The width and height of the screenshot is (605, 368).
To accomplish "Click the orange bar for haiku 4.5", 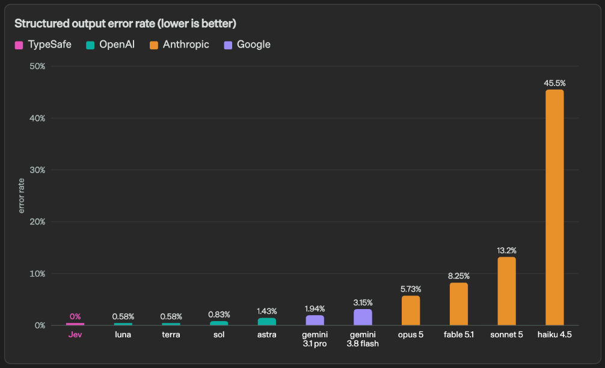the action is point(554,207).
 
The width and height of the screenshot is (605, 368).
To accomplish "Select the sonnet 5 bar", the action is point(506,291).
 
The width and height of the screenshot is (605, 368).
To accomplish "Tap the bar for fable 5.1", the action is point(459,304).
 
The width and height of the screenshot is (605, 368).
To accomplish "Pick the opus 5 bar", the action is point(411,310).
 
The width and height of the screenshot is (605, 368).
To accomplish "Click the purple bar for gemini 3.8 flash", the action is point(363,317).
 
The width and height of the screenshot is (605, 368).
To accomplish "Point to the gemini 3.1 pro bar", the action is point(315,320).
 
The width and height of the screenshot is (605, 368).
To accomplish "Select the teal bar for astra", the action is point(267,322).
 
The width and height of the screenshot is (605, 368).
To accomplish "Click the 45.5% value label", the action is point(554,83).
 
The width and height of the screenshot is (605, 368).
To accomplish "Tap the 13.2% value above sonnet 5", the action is point(506,250).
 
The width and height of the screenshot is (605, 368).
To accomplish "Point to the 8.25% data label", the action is point(459,276).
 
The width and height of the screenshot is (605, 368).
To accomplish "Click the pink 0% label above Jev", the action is point(75,317).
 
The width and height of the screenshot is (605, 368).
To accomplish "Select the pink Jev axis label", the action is point(75,334).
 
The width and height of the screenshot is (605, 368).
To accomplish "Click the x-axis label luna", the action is point(123,334).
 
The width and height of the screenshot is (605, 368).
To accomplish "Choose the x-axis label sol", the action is point(219,334).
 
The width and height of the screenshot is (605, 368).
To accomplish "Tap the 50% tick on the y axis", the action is point(37,66).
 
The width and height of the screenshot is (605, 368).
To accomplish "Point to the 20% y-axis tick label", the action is point(37,222).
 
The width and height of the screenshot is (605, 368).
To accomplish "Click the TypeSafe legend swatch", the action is point(19,45).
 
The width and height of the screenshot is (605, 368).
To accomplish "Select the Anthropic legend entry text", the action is point(186,44).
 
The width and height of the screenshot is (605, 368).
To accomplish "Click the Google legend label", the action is point(254,44).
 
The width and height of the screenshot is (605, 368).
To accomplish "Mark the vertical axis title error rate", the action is point(21,195).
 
